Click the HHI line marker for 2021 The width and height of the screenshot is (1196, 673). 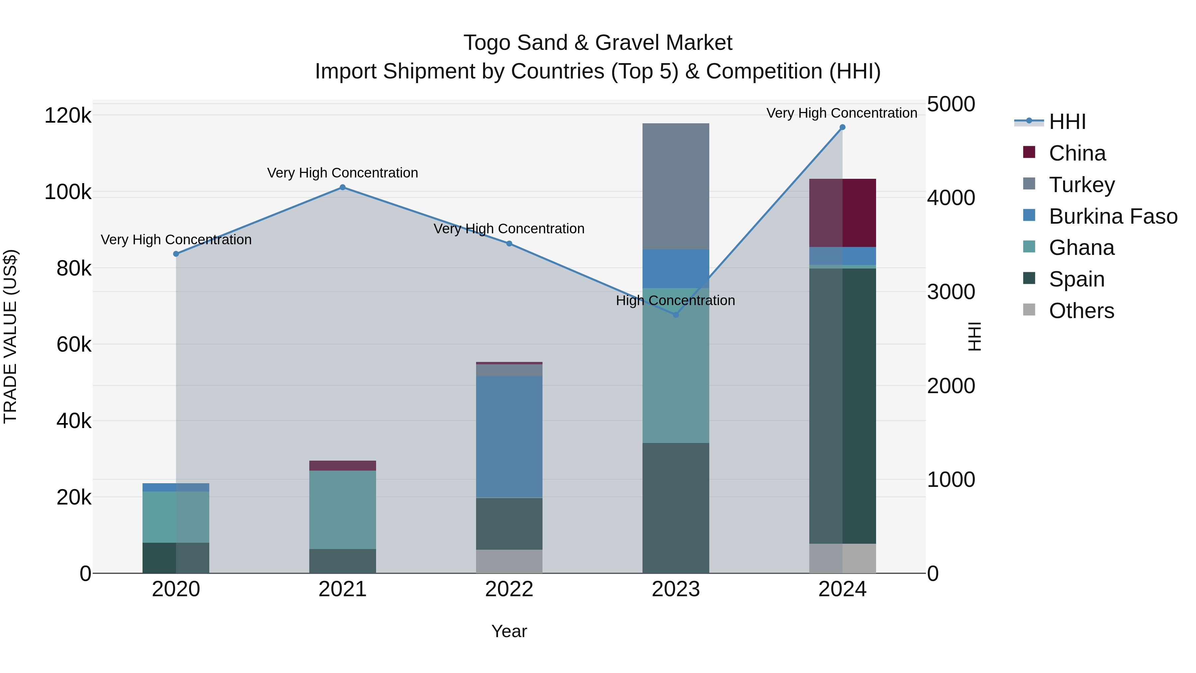[343, 187]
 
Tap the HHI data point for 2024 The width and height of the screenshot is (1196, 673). [842, 127]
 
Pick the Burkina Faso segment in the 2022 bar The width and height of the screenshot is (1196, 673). [509, 437]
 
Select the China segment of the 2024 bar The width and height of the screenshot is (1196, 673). [842, 213]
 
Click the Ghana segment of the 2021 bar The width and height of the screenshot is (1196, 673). [343, 509]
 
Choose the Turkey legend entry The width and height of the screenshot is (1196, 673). [1081, 185]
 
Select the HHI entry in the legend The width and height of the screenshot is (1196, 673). [1067, 122]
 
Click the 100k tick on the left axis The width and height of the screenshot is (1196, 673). [68, 192]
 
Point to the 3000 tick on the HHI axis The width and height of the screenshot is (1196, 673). [951, 292]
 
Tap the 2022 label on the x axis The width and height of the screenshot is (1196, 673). [509, 589]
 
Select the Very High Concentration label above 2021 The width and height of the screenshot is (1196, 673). [343, 173]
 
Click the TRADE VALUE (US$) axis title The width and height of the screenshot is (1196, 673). [10, 336]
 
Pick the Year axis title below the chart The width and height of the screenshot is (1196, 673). [509, 631]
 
